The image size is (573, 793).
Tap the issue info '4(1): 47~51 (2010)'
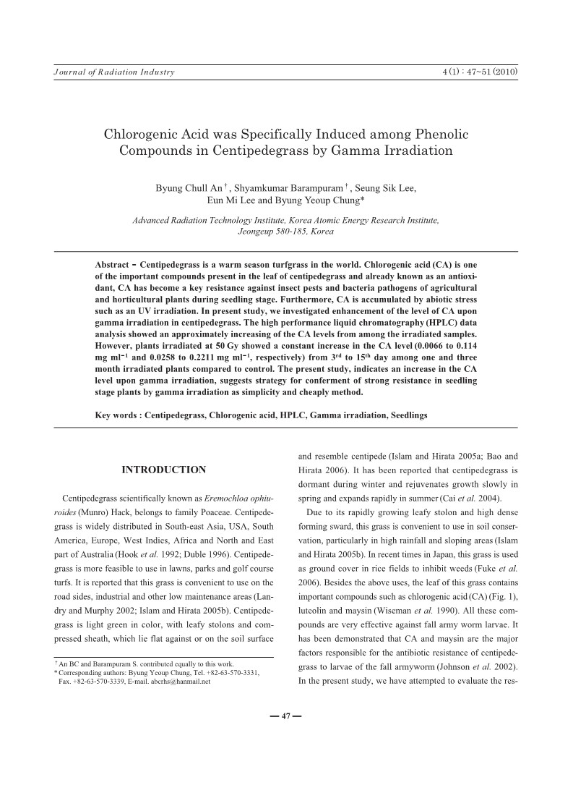click(x=480, y=72)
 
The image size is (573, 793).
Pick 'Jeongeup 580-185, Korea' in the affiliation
click(x=286, y=232)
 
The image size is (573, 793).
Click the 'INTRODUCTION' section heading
click(x=163, y=470)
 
